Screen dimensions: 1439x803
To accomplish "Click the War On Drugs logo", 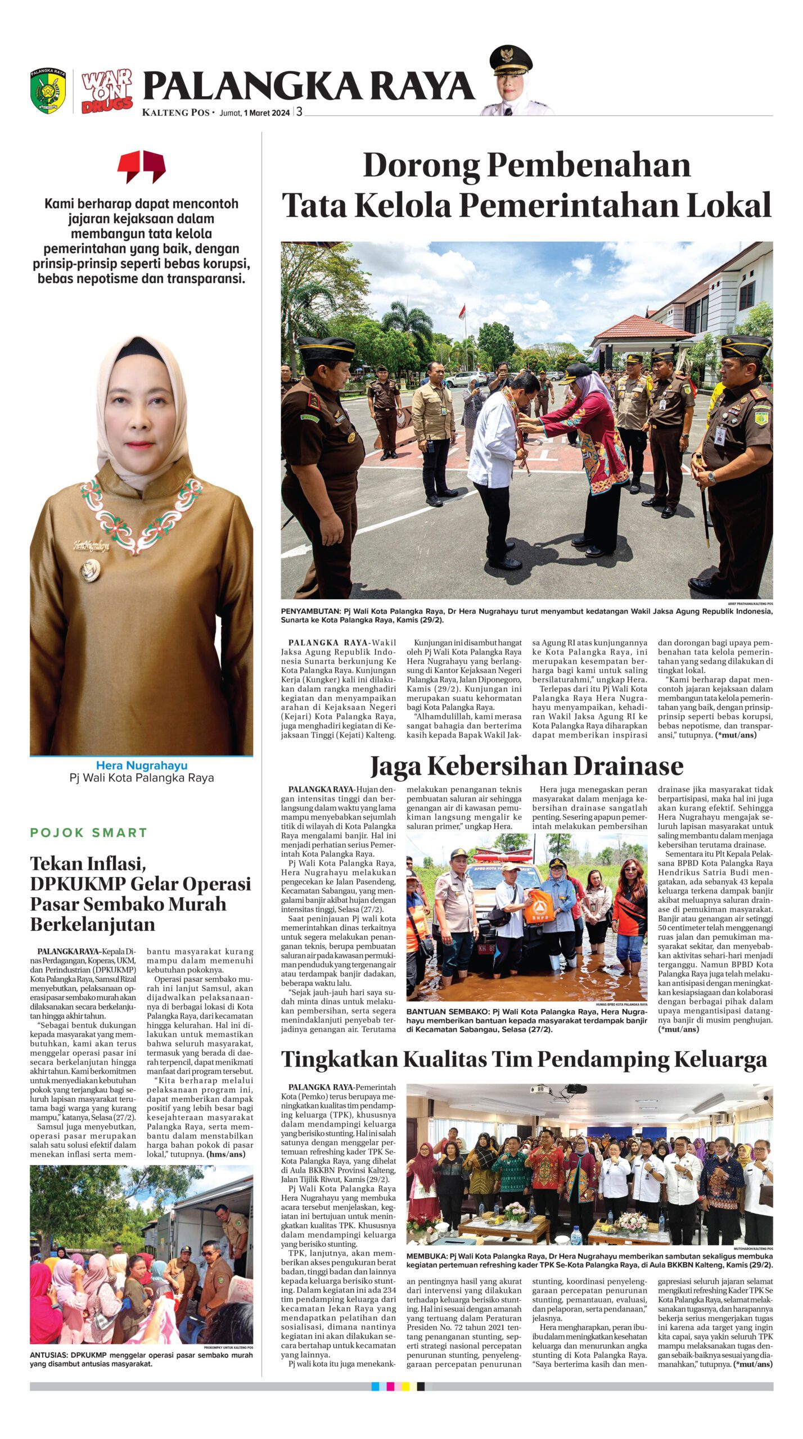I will coord(107,92).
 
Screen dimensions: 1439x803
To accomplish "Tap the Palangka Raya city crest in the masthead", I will coord(48,90).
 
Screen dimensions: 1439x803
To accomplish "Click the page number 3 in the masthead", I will coord(300,111).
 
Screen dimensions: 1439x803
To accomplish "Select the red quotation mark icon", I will coord(141,166).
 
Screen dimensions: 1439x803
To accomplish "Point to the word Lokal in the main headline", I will coord(729,205).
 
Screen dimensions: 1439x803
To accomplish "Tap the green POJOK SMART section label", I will coord(89,832).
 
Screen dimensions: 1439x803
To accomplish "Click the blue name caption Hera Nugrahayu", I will coord(142,765).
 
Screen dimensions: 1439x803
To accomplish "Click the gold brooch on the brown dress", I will coord(90,569).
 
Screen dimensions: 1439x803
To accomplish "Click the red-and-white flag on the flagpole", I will coord(462,310).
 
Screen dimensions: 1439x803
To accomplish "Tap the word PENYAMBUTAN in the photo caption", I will coord(310,611).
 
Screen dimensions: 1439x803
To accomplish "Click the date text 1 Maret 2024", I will coord(267,112).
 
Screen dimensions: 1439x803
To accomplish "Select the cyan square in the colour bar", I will coord(375,1386).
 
